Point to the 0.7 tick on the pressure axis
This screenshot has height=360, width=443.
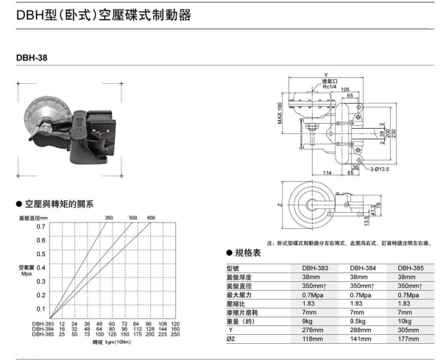pyautogui.click(x=40, y=227)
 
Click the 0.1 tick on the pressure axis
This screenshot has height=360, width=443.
pyautogui.click(x=40, y=308)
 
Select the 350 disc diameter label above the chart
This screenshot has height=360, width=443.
pyautogui.click(x=110, y=218)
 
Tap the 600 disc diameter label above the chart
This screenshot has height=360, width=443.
pyautogui.click(x=151, y=218)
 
